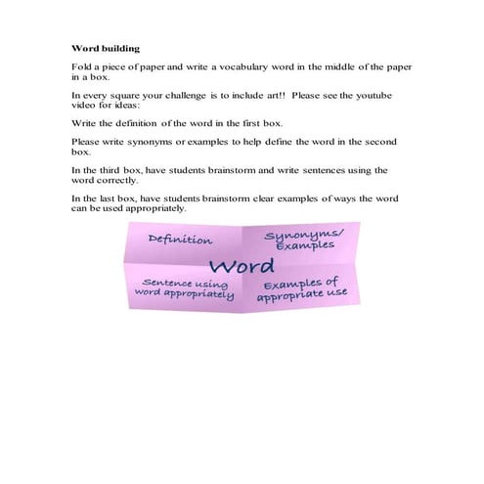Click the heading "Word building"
[106, 47]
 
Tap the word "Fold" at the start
[81, 66]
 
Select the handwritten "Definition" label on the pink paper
[180, 240]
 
